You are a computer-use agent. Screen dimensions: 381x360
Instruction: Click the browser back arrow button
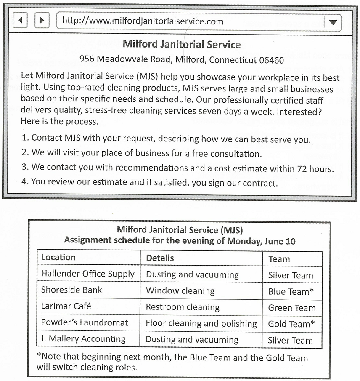pos(20,20)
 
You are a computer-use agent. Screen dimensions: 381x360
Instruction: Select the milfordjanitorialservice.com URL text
pos(143,21)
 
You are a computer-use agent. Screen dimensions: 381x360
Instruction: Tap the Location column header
pos(58,257)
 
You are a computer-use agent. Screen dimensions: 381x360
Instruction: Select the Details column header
pos(160,258)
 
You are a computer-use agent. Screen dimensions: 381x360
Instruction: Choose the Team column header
pos(279,259)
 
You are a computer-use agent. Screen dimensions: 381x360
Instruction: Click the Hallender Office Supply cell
pos(87,274)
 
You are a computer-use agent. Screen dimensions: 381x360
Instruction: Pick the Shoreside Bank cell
pos(71,290)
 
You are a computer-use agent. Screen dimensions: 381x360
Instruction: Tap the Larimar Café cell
pos(66,306)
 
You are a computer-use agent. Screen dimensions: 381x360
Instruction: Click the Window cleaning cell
pos(180,291)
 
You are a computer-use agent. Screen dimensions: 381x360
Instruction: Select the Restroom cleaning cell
pos(183,307)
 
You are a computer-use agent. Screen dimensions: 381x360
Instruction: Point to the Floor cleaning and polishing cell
pos(201,324)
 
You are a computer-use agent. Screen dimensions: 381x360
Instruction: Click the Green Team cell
pos(292,308)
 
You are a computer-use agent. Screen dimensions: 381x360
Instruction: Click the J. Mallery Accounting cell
pos(83,339)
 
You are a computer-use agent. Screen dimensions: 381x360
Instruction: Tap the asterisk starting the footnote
pos(39,356)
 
